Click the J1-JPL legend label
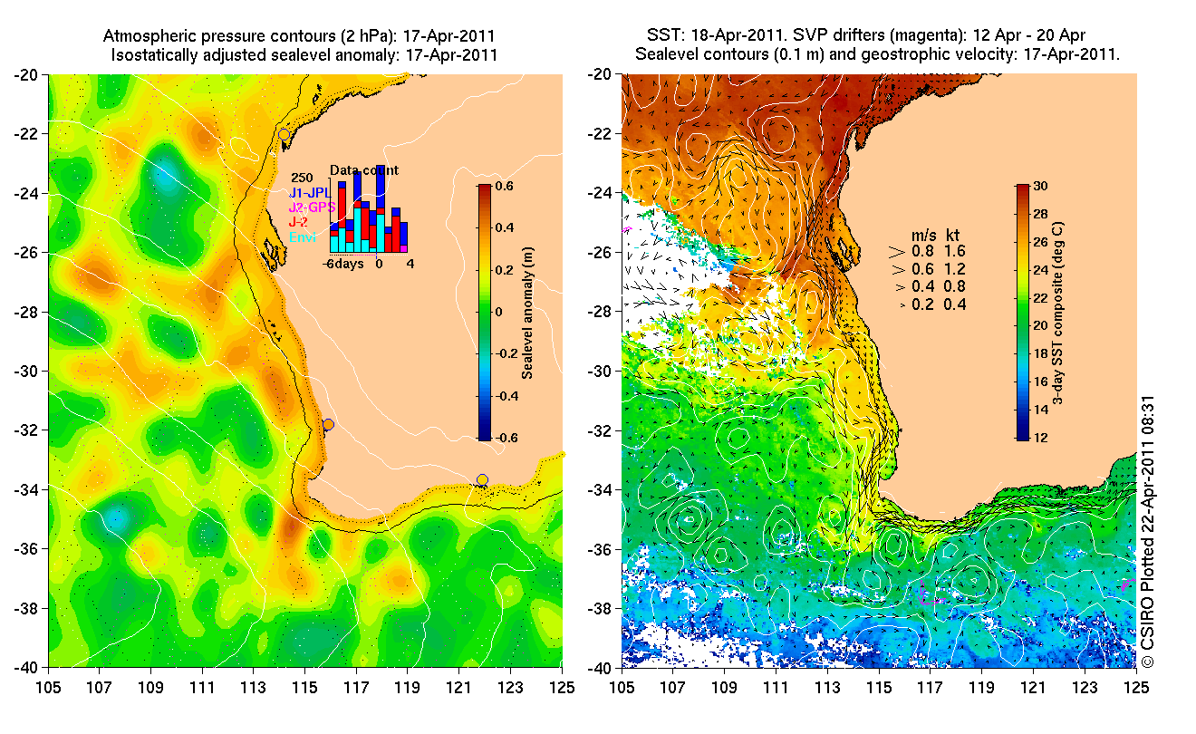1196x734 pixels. (x=308, y=192)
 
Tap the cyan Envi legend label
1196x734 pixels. (x=302, y=237)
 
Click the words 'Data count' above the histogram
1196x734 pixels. (x=363, y=169)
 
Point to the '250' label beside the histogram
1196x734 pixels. (x=303, y=178)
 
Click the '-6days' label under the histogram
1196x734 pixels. (x=343, y=264)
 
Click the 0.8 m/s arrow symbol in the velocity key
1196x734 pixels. (x=898, y=251)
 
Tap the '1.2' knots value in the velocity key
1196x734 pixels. (x=955, y=269)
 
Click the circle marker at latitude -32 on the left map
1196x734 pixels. (x=328, y=425)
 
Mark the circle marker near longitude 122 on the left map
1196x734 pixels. (x=483, y=479)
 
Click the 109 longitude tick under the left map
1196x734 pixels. (x=151, y=687)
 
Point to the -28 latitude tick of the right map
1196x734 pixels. (x=602, y=312)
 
